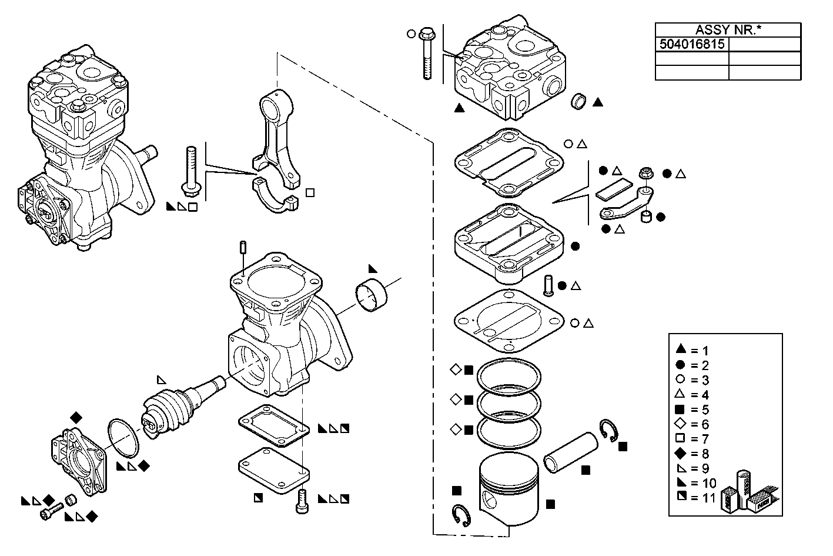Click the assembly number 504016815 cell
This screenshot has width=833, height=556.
(x=691, y=44)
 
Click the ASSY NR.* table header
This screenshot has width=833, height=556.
(x=728, y=30)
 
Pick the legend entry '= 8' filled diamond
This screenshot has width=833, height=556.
(x=682, y=453)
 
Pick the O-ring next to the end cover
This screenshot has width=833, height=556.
(x=123, y=437)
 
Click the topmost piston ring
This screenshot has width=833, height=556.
(x=509, y=375)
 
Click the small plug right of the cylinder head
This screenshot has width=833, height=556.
(x=579, y=101)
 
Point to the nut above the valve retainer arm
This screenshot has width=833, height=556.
(x=645, y=174)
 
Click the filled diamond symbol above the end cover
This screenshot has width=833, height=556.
(x=76, y=417)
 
